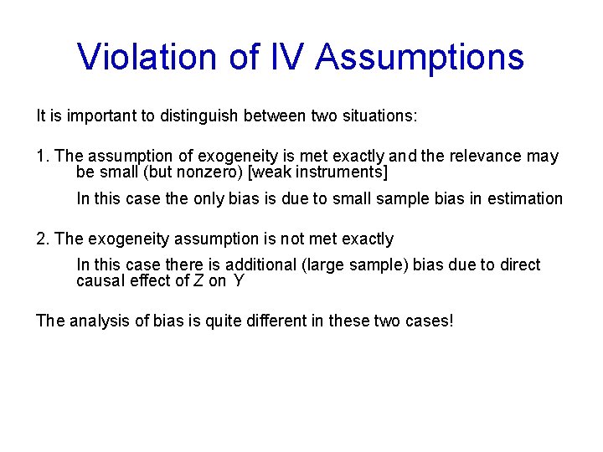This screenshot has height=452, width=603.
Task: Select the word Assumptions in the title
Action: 421,57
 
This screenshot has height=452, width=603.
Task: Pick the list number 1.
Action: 42,157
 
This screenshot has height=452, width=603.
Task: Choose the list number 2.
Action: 42,239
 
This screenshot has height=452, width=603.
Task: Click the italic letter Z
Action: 198,280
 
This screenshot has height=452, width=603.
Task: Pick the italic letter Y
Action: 239,280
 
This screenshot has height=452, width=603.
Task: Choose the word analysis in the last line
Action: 99,321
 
